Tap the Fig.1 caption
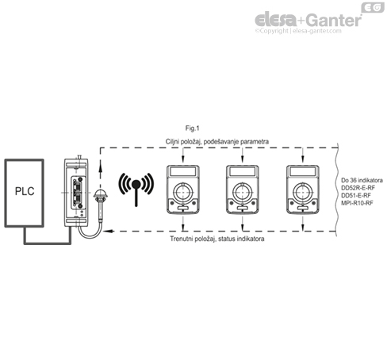(191, 128)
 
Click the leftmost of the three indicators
(182, 190)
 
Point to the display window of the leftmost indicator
(182, 174)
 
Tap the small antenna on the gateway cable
(101, 197)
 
